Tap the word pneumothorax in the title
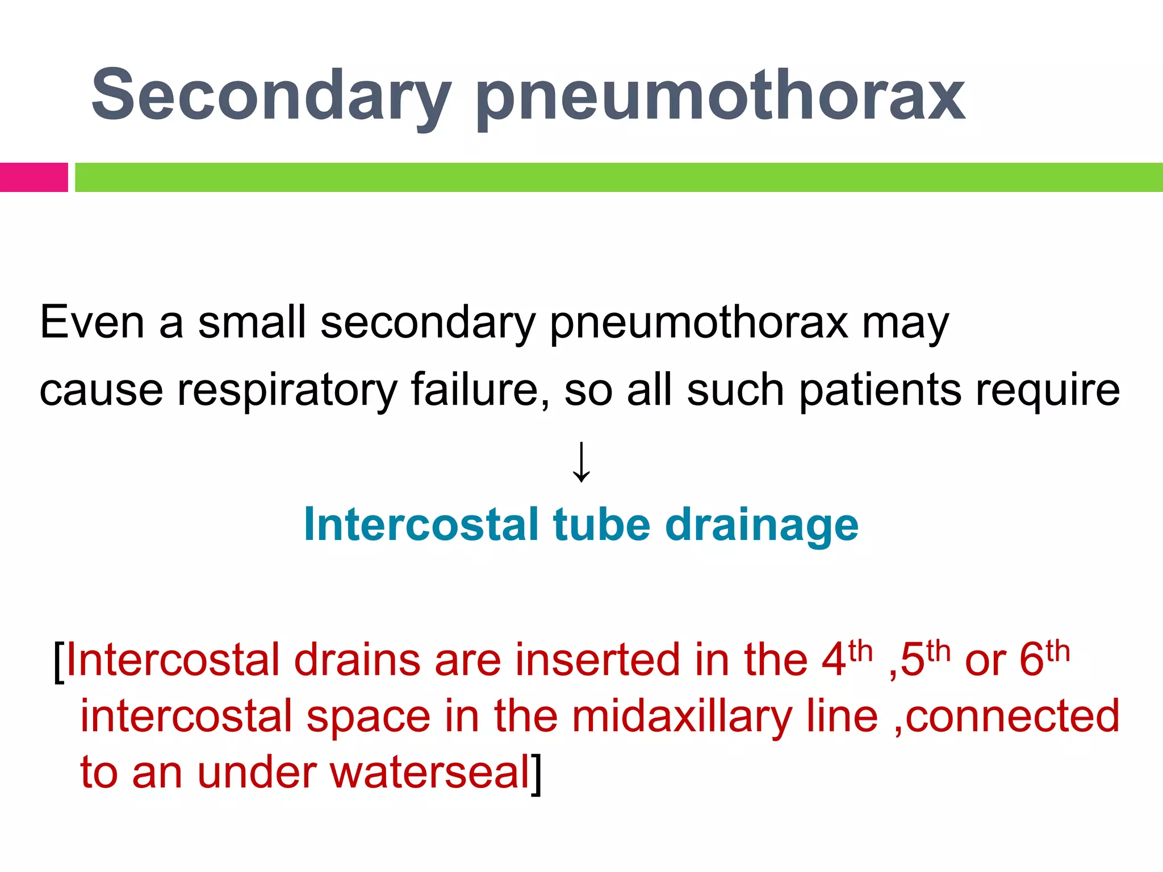point(720,97)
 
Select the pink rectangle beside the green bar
point(34,177)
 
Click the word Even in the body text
point(92,322)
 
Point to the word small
point(252,322)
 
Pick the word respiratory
point(287,391)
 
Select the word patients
point(880,390)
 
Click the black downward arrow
point(581,462)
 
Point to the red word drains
point(357,660)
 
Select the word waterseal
point(430,773)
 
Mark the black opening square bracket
point(58,661)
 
